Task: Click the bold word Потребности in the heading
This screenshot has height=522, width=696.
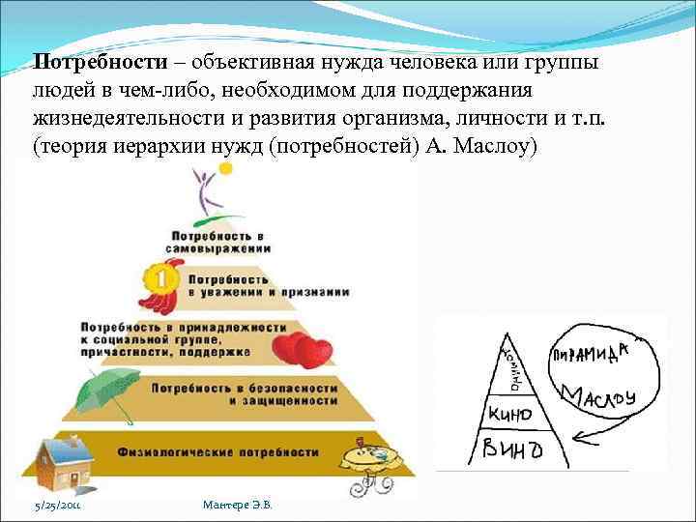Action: click(x=101, y=62)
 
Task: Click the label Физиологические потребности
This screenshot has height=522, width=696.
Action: click(x=217, y=451)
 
